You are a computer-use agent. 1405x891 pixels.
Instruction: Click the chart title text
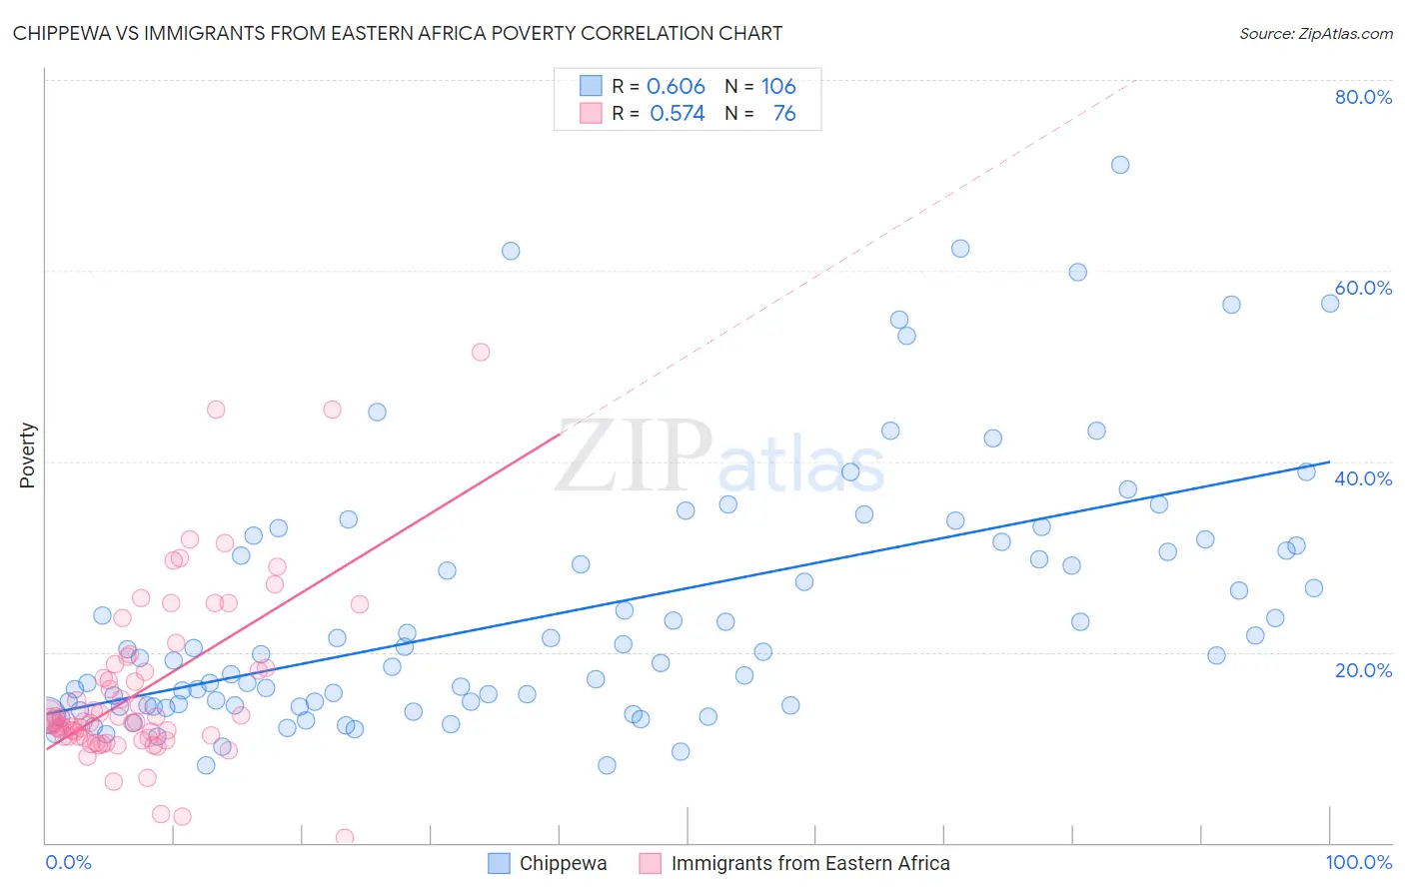398,33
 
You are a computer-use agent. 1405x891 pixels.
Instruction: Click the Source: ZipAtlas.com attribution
1315,34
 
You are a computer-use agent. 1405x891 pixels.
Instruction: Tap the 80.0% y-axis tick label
1363,97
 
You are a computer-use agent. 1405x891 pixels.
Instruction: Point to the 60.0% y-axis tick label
1363,288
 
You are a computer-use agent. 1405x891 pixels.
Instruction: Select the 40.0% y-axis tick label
1363,478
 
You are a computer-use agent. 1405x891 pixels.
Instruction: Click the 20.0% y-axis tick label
1363,670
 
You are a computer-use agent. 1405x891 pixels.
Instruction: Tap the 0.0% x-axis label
68,863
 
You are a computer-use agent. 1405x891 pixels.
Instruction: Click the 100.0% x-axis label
1358,863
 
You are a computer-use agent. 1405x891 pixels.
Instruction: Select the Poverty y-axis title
28,455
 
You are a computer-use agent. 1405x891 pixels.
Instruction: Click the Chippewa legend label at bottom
563,864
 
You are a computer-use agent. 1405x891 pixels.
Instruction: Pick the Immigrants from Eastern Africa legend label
809,864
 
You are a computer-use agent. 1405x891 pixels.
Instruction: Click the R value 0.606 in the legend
676,87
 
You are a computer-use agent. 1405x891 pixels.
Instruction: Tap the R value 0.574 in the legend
677,114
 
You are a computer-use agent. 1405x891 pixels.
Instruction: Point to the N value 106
778,87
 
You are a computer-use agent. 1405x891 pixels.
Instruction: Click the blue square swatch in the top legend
591,87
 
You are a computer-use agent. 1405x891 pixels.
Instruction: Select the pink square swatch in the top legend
591,114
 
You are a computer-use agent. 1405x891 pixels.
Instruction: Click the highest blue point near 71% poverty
1120,165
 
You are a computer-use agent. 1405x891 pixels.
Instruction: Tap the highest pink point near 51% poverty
481,352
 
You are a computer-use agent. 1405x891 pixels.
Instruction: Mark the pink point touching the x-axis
345,837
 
